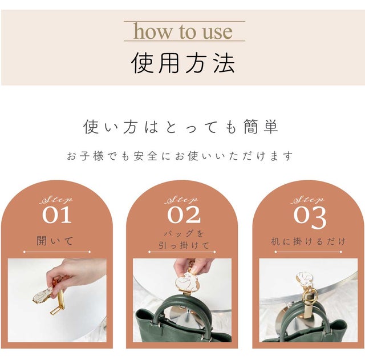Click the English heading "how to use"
point(183,31)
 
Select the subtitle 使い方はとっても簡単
point(181,127)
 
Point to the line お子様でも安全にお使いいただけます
point(180,156)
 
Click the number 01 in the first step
point(57,215)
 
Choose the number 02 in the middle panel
point(184,215)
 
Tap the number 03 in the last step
point(310,217)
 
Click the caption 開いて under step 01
point(55,241)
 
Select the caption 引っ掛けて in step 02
point(184,245)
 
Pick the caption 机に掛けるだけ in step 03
point(308,241)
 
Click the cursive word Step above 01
point(56,200)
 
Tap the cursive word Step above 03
point(307,200)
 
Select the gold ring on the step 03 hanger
point(311,296)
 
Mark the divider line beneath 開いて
point(56,252)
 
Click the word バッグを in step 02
point(184,233)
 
